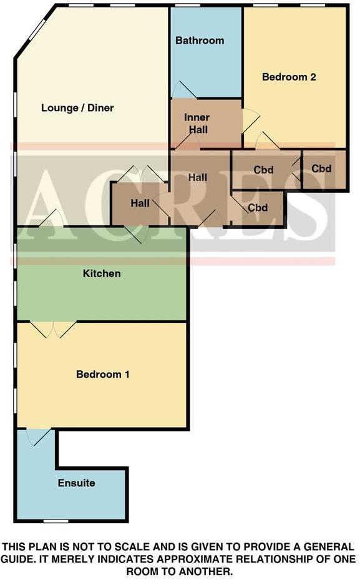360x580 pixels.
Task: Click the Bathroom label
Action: (200, 41)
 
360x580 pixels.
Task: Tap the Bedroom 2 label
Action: (289, 77)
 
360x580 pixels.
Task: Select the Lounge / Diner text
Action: (77, 108)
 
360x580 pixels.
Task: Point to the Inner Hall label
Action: (197, 124)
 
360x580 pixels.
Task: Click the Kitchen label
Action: (102, 273)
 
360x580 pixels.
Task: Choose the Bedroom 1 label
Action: (103, 375)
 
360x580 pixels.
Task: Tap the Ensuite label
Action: (77, 483)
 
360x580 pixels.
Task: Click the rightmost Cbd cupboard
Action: (321, 169)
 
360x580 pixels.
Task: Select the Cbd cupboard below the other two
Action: (258, 208)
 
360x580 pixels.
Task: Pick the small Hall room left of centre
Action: (140, 203)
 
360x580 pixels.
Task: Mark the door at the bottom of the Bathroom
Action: (183, 91)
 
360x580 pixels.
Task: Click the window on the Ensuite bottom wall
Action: (56, 521)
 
